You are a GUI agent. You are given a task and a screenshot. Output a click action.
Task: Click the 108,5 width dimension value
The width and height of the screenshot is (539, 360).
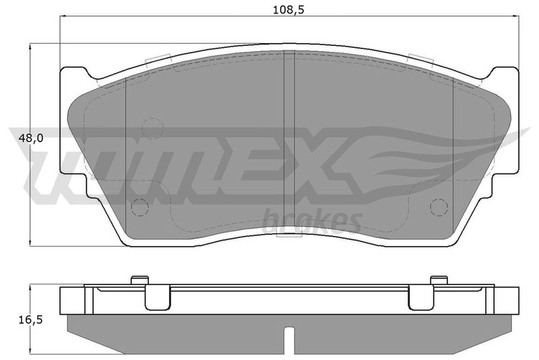point(289,9)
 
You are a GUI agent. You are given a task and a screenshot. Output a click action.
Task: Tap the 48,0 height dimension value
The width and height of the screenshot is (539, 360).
point(30,138)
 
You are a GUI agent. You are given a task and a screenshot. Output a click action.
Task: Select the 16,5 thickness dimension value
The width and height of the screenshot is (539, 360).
point(30,320)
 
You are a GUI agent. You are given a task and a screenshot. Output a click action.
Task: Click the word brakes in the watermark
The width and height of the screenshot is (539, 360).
point(311,221)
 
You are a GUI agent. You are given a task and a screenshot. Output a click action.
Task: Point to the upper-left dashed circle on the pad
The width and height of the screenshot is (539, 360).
point(153,129)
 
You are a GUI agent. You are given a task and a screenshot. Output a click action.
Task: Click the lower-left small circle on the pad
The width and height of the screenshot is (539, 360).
point(140,208)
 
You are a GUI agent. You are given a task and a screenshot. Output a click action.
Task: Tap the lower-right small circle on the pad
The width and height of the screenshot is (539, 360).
point(439,208)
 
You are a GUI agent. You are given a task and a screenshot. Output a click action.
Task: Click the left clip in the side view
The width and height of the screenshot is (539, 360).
point(158,297)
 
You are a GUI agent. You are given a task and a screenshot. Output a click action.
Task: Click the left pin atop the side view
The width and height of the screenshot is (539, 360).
point(140,280)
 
